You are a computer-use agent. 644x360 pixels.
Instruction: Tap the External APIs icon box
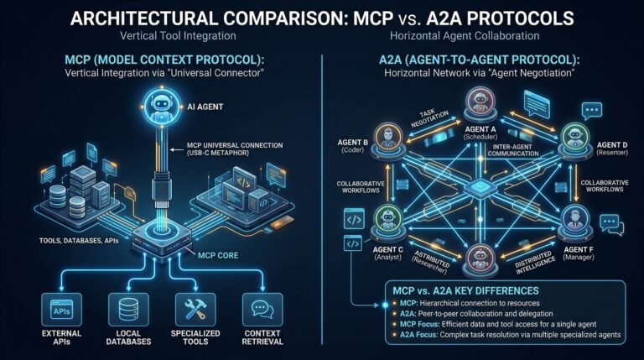(x=61, y=309)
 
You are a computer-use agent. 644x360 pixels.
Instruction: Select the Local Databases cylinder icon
(x=128, y=310)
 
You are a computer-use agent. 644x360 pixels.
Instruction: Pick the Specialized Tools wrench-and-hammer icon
(x=195, y=309)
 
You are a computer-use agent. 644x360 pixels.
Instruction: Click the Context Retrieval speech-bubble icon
(x=262, y=309)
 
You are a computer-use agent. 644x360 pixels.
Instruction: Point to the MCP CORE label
(x=218, y=255)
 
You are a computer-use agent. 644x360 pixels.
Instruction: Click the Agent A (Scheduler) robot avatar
(x=480, y=102)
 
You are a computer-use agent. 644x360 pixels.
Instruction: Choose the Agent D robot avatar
(x=575, y=137)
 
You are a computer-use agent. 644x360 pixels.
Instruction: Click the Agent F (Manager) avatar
(x=575, y=220)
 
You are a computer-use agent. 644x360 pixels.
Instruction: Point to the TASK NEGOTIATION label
(x=429, y=119)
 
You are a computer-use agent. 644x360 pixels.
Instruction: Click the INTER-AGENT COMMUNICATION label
(x=513, y=150)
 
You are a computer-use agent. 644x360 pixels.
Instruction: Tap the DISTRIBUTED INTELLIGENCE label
(x=536, y=263)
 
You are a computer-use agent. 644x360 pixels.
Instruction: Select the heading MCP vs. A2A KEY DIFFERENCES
(x=465, y=290)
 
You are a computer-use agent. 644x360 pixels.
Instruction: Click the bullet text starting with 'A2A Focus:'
(x=510, y=335)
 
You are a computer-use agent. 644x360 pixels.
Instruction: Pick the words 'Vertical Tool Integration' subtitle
(x=178, y=36)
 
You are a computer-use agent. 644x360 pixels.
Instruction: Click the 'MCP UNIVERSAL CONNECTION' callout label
(x=235, y=145)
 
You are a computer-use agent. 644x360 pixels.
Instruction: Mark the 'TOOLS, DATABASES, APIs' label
(x=79, y=240)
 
